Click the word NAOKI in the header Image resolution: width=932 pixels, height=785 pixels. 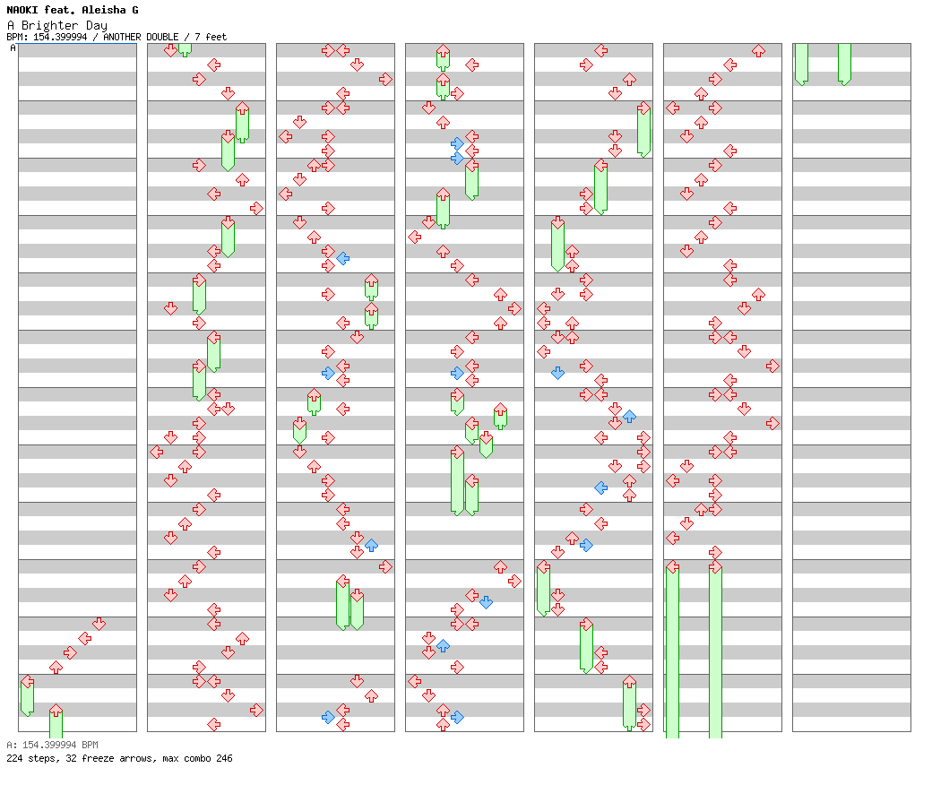[22, 10]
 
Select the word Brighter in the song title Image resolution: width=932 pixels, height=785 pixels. [49, 26]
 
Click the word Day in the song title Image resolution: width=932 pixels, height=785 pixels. [96, 26]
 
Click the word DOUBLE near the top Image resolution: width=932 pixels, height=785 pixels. [162, 37]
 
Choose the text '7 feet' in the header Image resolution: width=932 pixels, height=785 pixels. [211, 37]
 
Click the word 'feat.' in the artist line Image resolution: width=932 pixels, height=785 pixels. [60, 10]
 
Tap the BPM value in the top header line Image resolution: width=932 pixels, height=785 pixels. [60, 37]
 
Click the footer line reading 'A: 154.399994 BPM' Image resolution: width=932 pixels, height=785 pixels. [52, 745]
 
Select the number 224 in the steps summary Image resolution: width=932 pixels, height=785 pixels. [14, 758]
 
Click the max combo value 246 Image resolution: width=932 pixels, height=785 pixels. [224, 758]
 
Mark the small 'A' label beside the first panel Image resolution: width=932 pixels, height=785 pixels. [13, 47]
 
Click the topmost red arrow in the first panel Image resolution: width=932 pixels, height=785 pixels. [99, 624]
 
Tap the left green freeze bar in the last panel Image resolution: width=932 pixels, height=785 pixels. [801, 64]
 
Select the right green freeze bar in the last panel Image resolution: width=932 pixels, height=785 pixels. [844, 64]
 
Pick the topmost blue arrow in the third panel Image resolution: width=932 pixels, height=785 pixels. [343, 258]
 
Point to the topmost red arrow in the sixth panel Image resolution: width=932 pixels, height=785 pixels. [758, 50]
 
